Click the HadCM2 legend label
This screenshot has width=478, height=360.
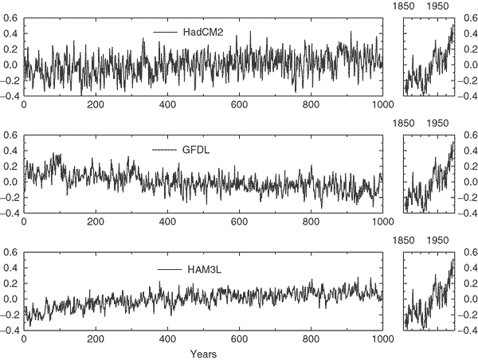click(x=194, y=32)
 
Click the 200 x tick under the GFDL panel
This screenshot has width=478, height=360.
click(x=96, y=223)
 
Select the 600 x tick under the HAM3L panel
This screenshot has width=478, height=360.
click(x=240, y=338)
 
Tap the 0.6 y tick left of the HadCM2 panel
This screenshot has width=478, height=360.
click(x=11, y=18)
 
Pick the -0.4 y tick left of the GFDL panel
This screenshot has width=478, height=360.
click(x=10, y=213)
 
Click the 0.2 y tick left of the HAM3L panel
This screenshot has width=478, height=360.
click(x=11, y=284)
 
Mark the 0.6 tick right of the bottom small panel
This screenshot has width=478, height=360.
click(x=468, y=253)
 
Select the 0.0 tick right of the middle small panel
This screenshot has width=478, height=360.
click(x=468, y=182)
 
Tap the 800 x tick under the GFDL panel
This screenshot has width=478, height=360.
click(x=311, y=223)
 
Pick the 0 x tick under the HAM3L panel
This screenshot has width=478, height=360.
click(x=24, y=338)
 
